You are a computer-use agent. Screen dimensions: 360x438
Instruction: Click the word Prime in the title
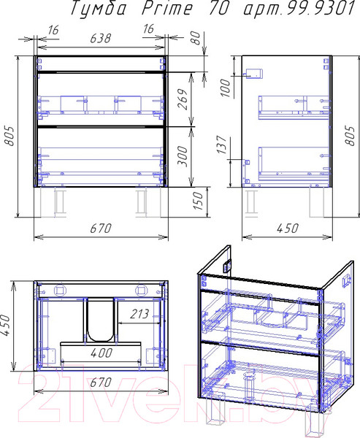point(167,9)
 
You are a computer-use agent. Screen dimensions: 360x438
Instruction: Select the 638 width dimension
point(101,38)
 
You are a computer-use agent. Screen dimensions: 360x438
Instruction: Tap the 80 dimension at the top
point(196,38)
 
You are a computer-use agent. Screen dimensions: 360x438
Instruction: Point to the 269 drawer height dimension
point(183,99)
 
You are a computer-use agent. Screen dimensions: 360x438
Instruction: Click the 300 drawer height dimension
point(183,156)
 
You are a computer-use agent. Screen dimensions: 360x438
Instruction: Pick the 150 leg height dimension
point(198,201)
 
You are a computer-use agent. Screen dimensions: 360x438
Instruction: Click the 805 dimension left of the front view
point(10,136)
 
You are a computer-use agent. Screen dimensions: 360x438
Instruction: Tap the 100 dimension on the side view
point(226,88)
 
